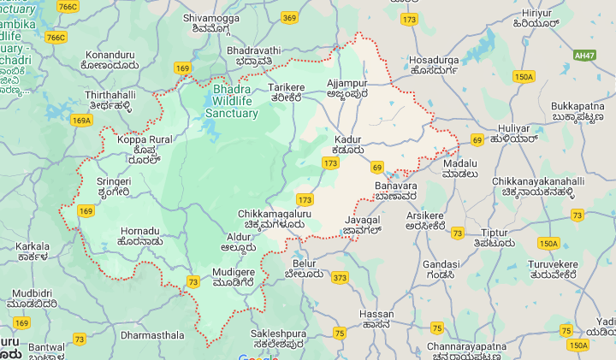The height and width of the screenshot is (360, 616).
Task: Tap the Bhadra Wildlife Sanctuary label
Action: coord(232,101)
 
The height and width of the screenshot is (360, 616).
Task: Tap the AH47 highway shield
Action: coord(585,55)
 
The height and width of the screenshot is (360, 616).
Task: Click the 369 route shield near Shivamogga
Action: coord(290,17)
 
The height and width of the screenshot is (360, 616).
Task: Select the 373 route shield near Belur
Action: coord(340,277)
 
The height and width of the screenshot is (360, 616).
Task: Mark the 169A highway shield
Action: coord(81,121)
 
